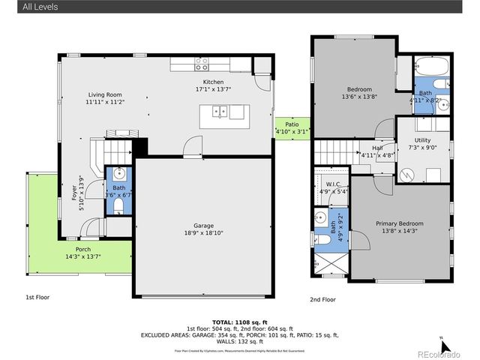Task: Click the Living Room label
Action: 104,94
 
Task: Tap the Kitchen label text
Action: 213,82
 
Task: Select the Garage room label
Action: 203,226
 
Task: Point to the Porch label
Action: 82,250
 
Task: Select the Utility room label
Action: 422,140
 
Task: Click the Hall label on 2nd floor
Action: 367,148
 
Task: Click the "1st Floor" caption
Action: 38,298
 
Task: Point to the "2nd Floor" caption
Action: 323,299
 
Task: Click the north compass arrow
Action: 444,346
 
